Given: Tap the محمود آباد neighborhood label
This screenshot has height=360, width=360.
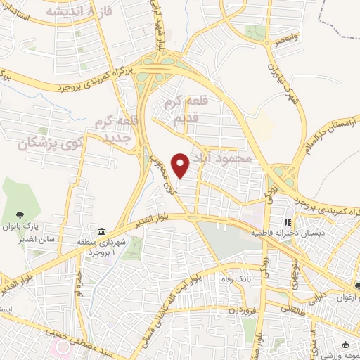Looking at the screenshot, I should tap(225, 158).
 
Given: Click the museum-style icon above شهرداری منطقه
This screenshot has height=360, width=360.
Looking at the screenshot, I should tap(103, 232).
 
